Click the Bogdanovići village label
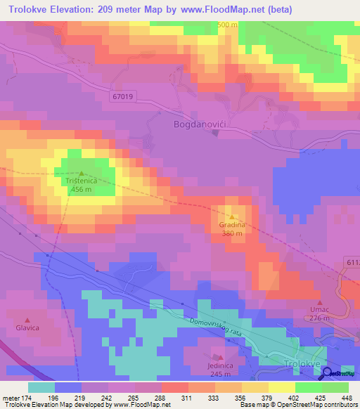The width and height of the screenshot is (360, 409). [199, 124]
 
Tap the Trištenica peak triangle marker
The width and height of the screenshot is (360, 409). [81, 173]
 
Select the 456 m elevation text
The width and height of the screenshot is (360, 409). [81, 190]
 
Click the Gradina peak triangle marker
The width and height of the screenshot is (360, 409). [232, 216]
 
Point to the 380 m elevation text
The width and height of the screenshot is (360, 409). [232, 233]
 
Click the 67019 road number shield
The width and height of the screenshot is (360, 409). [122, 96]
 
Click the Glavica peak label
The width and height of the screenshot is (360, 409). [27, 328]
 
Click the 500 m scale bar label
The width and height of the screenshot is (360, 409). [228, 25]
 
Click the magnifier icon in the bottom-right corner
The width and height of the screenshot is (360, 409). [329, 373]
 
